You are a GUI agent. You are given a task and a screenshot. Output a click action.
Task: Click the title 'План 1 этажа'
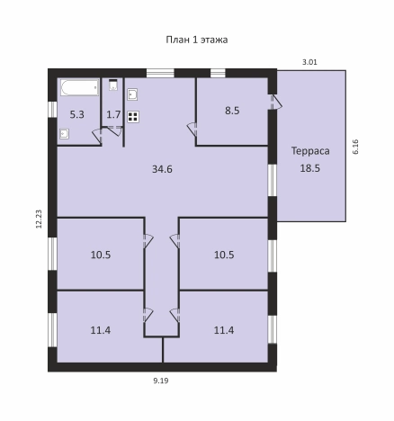197,40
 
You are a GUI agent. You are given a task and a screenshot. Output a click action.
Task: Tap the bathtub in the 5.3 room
79,87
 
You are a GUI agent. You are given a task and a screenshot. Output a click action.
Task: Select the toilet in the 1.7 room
113,85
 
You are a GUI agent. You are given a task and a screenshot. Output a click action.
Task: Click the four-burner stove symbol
133,117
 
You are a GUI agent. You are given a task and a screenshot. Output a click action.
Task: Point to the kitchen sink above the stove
132,94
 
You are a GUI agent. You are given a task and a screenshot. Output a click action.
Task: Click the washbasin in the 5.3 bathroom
65,134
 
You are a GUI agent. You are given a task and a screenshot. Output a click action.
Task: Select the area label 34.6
162,169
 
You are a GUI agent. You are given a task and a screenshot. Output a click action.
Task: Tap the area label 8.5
232,111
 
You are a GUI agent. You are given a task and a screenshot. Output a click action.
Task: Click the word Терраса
310,151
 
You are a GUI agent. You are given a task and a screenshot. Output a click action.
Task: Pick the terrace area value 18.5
310,168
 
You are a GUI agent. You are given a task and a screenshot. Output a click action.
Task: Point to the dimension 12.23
39,219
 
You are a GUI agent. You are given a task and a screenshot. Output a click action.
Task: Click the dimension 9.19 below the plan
161,381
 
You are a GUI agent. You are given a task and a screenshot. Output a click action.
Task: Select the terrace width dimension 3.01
309,62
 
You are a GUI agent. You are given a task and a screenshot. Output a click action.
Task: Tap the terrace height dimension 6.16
355,147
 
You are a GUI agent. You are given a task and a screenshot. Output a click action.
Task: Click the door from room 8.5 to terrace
275,103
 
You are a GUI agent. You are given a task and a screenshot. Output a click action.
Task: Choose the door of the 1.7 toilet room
115,131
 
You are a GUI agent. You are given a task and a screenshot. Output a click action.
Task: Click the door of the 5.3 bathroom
97,136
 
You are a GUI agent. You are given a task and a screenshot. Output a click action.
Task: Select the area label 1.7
113,114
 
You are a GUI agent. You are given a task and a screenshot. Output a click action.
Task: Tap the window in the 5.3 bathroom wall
52,109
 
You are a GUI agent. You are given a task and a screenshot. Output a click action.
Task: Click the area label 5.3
77,114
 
